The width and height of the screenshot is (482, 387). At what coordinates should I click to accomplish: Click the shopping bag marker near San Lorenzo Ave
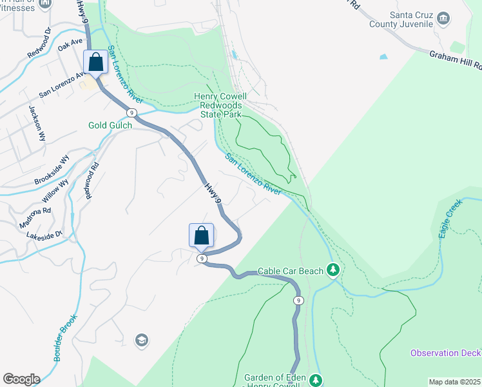96,63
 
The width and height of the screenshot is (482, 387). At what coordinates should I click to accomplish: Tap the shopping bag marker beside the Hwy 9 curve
201,235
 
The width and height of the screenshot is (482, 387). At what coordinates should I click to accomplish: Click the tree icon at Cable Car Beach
333,270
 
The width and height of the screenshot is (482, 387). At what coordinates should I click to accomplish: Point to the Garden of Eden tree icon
315,380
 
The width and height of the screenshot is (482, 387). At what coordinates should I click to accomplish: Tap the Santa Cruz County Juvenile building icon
443,18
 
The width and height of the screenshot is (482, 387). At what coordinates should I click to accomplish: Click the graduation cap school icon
141,340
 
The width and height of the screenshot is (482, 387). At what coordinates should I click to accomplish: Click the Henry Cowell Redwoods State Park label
220,105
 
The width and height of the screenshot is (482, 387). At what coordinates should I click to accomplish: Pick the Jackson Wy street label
36,123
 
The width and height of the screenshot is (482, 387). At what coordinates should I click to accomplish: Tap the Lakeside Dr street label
44,235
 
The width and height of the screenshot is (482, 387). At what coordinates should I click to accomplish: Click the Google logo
21,379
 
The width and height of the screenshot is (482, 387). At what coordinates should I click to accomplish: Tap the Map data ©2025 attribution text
454,382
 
